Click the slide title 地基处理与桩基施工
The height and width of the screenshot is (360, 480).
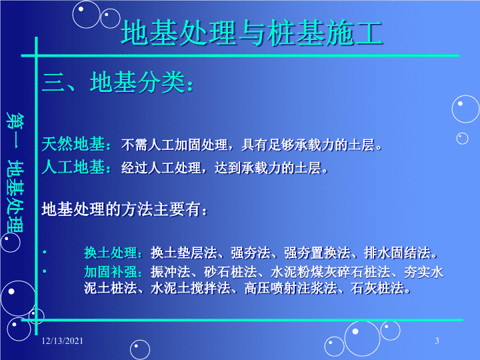251,33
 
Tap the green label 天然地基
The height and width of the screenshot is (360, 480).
73,144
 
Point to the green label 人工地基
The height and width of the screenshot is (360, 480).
73,167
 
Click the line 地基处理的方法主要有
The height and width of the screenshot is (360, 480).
124,209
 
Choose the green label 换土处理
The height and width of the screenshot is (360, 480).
111,253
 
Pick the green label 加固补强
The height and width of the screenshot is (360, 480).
111,272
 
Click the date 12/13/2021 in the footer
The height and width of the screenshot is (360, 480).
63,341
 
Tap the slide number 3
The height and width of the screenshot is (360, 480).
437,341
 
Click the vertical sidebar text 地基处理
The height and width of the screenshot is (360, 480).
15,197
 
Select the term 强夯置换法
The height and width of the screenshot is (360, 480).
317,253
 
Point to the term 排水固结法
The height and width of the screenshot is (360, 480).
397,253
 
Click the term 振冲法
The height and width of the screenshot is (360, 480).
170,272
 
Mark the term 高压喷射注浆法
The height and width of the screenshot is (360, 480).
291,288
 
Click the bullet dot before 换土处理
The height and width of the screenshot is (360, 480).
45,252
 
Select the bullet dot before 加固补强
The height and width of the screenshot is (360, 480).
45,271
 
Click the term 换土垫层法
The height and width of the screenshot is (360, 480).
184,253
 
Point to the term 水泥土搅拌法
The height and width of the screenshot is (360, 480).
191,288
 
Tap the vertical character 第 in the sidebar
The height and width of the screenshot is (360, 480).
15,121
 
